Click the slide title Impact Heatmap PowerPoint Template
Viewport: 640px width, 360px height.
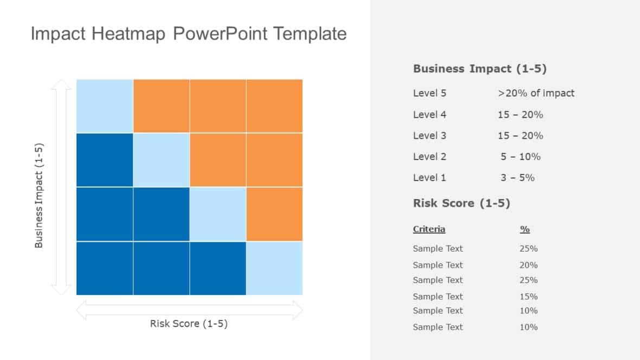188,34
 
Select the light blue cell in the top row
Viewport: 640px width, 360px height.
105,106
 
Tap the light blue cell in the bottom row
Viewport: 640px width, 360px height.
274,268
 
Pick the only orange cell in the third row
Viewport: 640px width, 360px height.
274,214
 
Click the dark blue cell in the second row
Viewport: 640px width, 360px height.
105,160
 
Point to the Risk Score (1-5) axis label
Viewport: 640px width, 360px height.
189,324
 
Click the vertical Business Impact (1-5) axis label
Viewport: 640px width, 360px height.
39,195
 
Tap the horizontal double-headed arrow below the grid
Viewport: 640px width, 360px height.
189,310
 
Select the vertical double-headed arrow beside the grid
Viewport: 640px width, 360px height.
61,187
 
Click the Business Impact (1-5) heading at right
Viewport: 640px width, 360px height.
479,69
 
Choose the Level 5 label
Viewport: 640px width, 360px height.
430,93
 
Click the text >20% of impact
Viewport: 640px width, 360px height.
536,93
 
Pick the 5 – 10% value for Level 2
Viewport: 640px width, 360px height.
521,157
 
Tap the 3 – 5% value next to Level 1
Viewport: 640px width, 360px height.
518,177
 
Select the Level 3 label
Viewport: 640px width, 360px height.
430,136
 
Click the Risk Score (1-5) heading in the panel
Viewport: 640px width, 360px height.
462,203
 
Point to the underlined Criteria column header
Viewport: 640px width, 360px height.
429,229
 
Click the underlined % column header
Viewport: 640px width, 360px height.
524,229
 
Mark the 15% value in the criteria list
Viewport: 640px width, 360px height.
528,297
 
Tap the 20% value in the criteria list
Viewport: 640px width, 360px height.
528,265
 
